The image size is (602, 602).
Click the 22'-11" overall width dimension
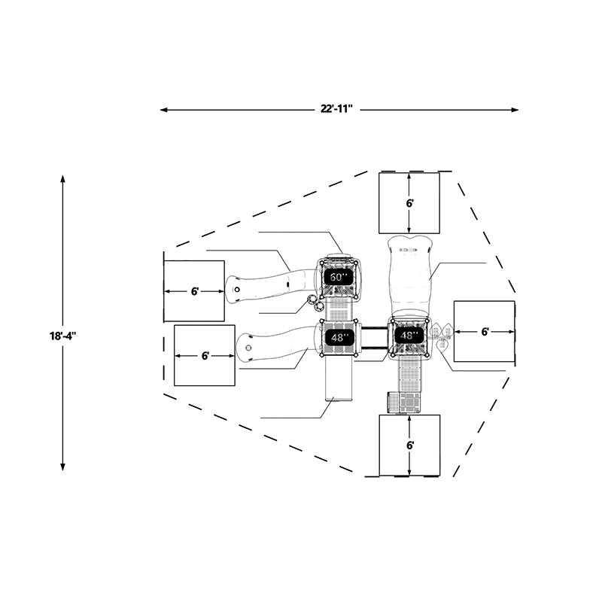(x=336, y=109)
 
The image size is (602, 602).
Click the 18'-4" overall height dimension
(x=63, y=336)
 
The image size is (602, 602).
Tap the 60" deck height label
(x=338, y=276)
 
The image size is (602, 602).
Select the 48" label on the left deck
(x=338, y=337)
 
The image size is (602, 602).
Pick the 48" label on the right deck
(x=409, y=336)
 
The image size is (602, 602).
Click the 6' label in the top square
(x=409, y=203)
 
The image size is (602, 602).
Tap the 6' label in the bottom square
(x=410, y=445)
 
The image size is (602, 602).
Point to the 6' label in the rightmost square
(x=485, y=332)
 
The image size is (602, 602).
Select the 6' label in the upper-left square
(x=195, y=291)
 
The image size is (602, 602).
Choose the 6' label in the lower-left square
(x=205, y=356)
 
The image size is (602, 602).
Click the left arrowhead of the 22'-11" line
(x=163, y=110)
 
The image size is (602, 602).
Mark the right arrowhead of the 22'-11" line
(x=515, y=110)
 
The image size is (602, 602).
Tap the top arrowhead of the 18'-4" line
(x=62, y=179)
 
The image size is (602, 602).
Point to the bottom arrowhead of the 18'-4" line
(x=62, y=467)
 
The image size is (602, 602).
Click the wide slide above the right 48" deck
(x=410, y=275)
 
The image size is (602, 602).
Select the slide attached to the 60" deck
(x=271, y=287)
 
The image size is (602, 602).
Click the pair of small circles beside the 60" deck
(x=315, y=303)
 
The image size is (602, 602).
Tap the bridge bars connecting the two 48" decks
(x=374, y=338)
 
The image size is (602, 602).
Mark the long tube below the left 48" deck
(x=339, y=378)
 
